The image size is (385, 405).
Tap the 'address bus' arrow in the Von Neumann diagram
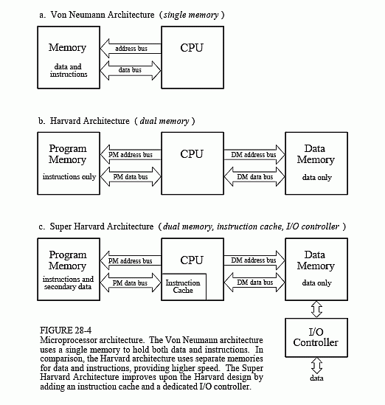coord(131,49)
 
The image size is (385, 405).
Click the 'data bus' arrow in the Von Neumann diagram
coord(131,70)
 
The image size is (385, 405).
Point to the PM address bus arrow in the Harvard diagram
coord(131,155)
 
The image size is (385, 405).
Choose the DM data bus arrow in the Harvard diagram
coord(254,176)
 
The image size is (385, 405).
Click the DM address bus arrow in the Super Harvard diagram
coord(254,260)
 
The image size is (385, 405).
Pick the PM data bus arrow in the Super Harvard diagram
coord(131,283)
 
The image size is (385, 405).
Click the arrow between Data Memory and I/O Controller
coord(316,309)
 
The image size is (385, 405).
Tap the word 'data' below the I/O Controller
coord(316,378)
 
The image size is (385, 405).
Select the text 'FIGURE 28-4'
coord(66,330)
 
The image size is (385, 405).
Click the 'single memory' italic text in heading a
coord(191,15)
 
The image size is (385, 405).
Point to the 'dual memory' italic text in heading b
coord(164,121)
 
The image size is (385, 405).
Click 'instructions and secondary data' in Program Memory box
coord(68,283)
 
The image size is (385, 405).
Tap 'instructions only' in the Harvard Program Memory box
coord(69,176)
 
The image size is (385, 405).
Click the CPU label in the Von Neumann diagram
coord(192,48)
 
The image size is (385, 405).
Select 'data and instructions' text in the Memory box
coord(69,70)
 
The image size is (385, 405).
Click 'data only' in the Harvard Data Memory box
coord(317,178)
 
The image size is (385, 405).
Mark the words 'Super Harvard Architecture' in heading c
coord(102,226)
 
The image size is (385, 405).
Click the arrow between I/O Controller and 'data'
coord(316,365)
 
